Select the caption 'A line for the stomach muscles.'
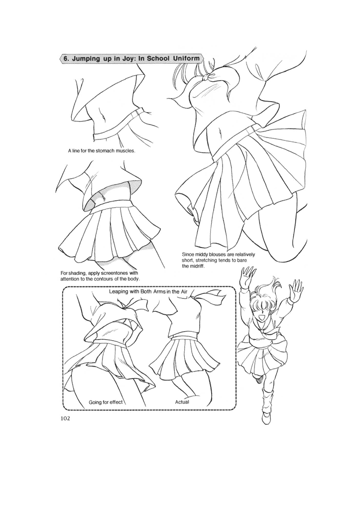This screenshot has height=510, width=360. [102, 150]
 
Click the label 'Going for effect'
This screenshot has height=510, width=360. [106, 402]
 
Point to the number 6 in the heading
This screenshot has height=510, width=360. [65, 58]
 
